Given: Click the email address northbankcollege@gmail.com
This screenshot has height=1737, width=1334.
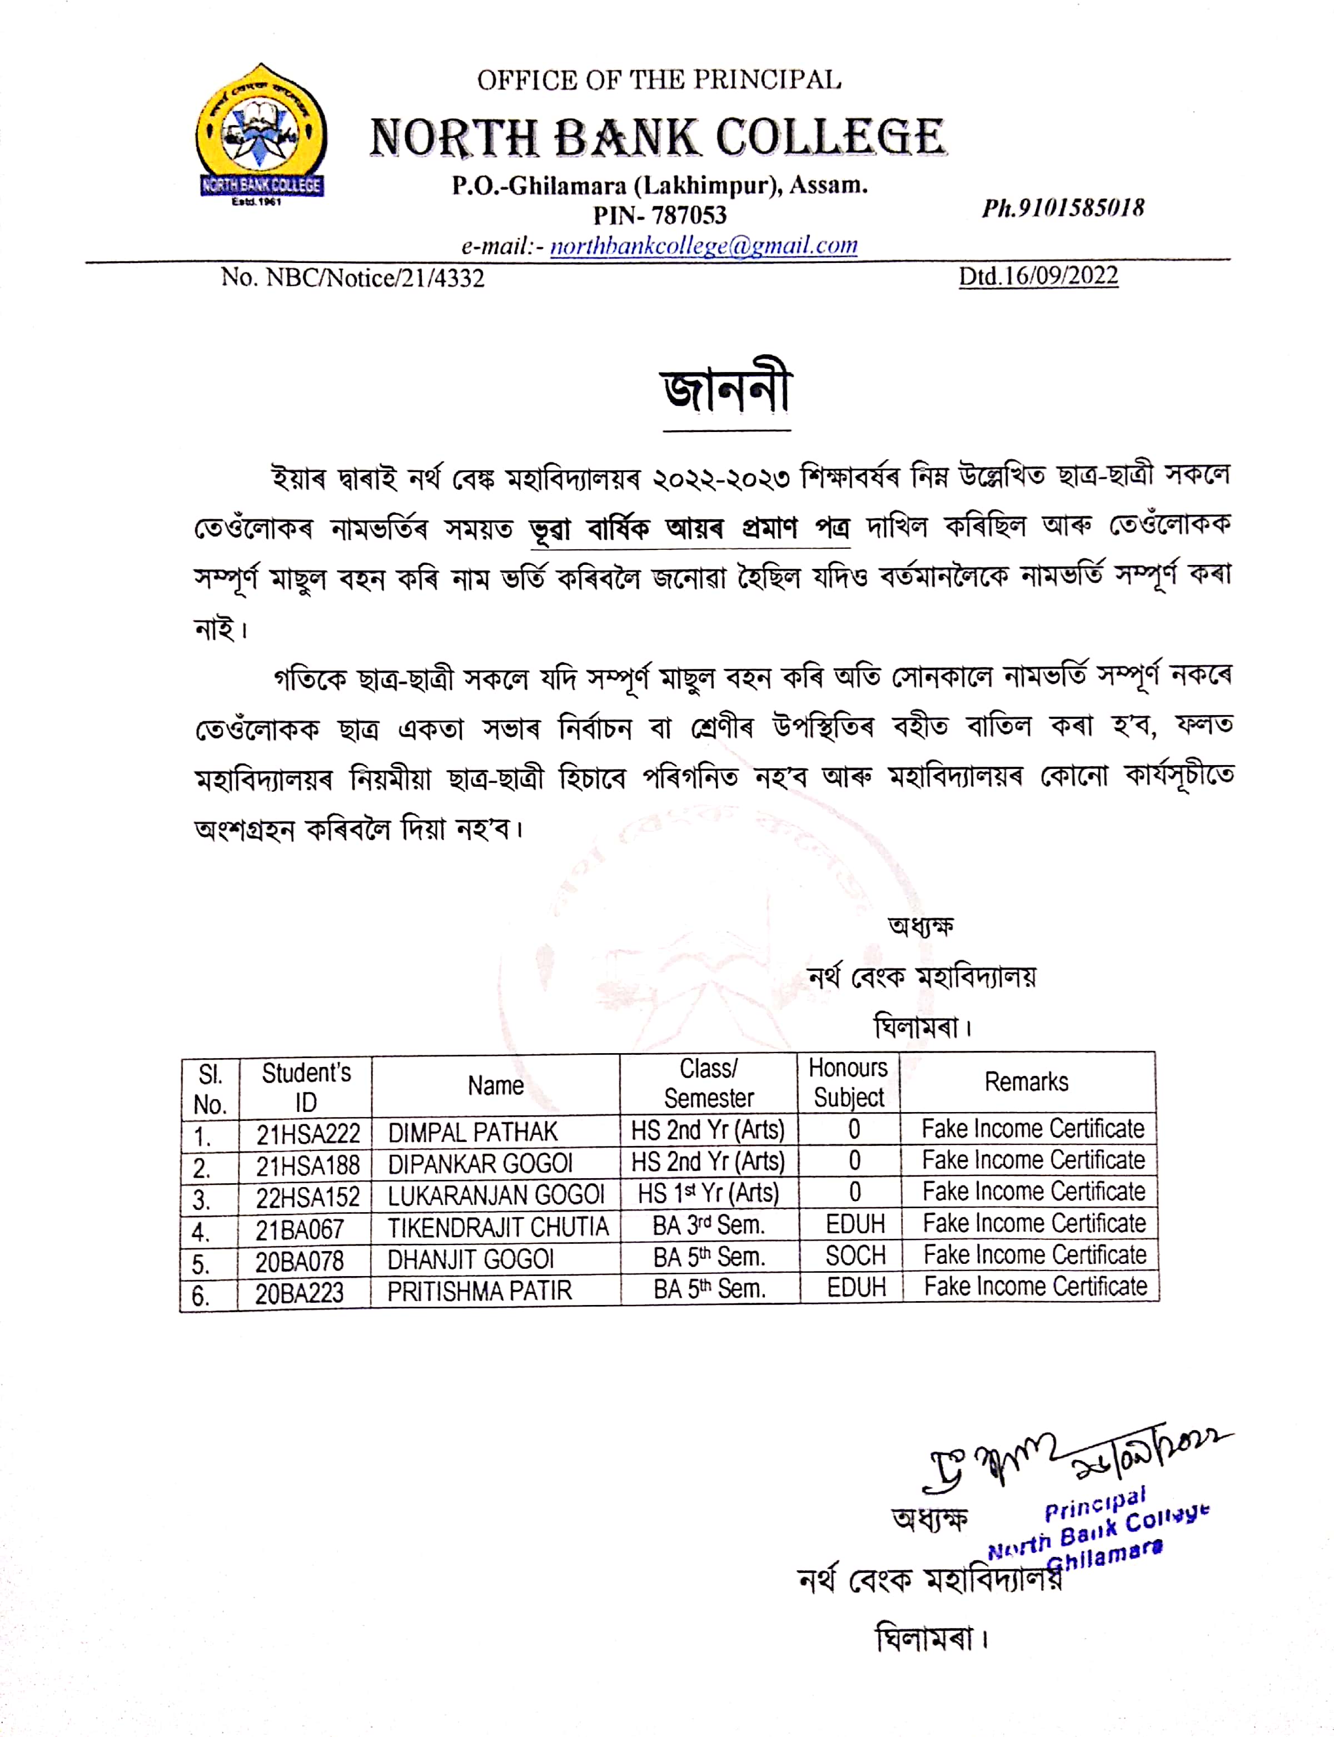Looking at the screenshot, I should coord(704,245).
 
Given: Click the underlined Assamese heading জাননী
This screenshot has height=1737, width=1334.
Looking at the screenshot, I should coord(726,391).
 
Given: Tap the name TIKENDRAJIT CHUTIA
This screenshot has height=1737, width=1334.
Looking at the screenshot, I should coord(498,1228).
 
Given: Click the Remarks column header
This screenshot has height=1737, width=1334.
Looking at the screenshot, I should coord(1026,1082).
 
